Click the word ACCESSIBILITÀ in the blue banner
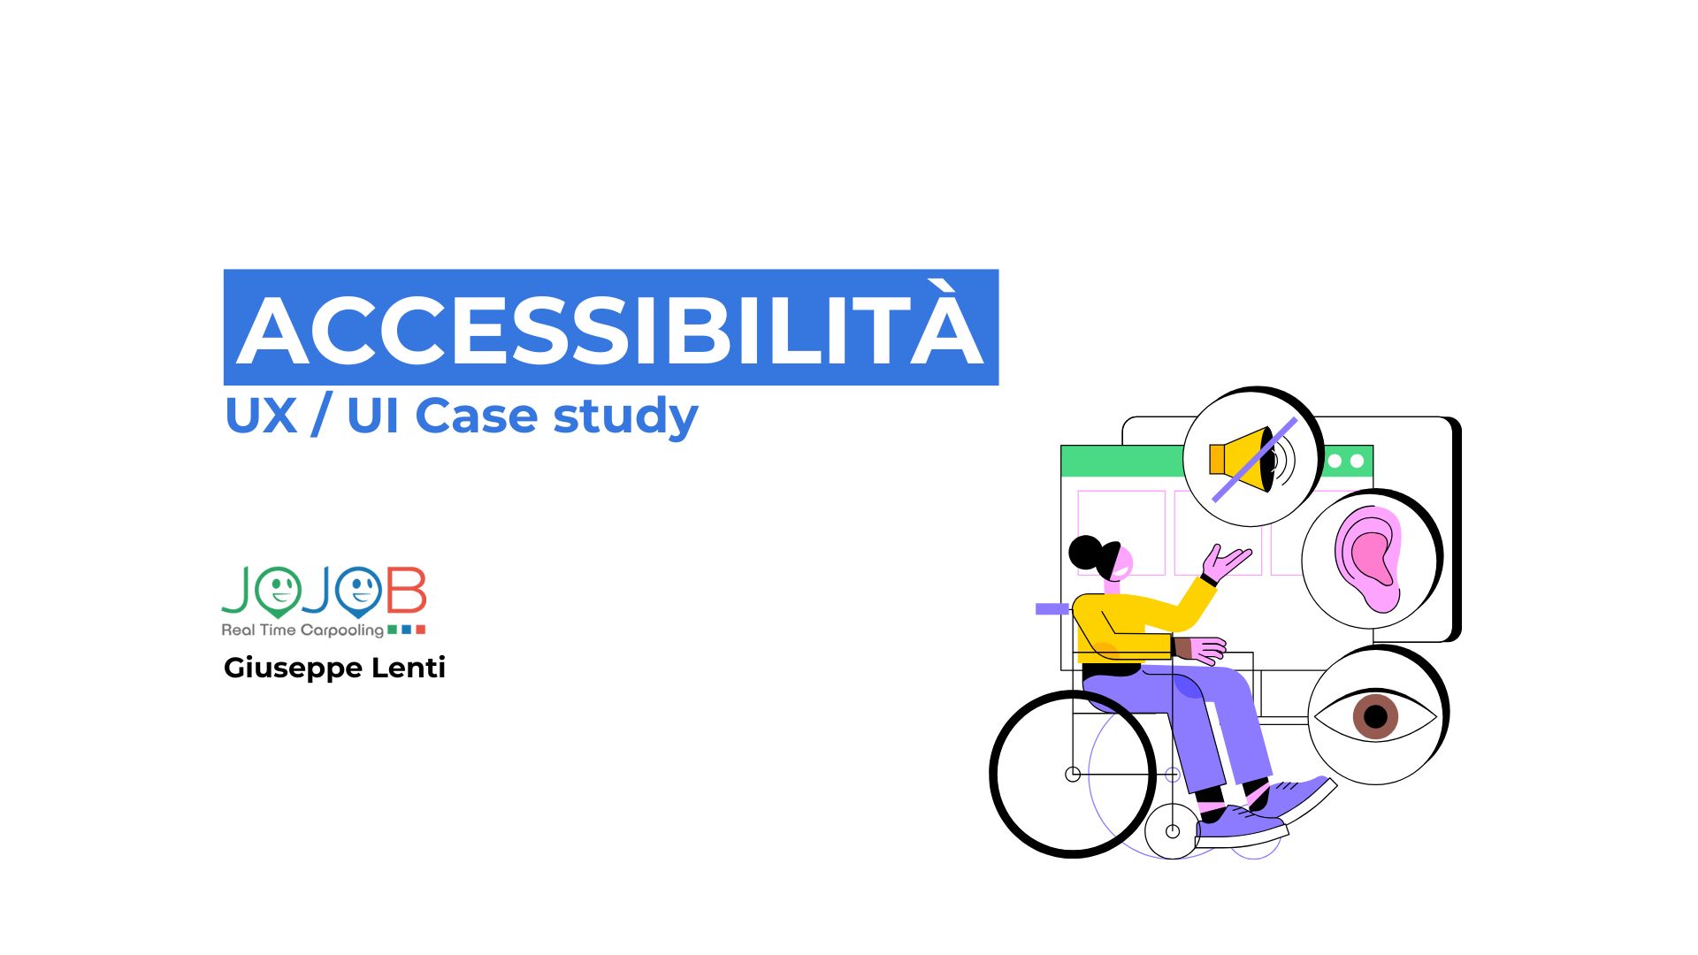610,330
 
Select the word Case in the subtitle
476,415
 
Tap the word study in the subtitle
625,416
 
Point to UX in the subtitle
260,415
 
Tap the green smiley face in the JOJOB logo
279,589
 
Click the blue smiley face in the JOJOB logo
358,589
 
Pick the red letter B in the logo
407,591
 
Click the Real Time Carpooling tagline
302,630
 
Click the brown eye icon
1375,715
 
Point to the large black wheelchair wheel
1072,775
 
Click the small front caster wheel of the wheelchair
1172,831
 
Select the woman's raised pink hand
1227,562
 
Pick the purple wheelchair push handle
1052,608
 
